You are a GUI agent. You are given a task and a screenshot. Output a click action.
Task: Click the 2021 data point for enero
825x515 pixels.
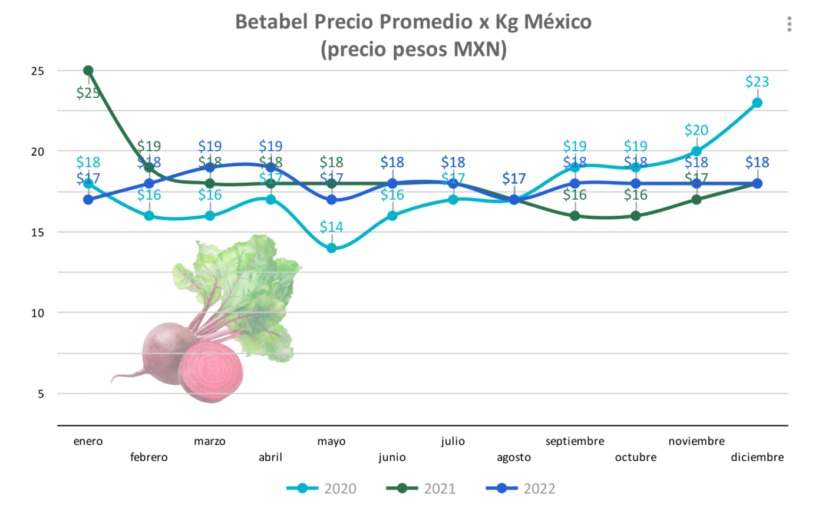tap(88, 71)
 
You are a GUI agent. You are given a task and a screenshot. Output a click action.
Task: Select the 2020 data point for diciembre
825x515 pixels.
tap(757, 103)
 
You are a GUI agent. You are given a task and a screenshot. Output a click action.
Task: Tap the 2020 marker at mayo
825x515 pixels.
tap(332, 248)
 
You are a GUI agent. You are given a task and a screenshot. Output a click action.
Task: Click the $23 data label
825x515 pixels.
tap(757, 82)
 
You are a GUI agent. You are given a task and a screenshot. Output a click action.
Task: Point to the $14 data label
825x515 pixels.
tap(332, 227)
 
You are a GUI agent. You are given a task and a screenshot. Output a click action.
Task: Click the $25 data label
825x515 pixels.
tap(88, 93)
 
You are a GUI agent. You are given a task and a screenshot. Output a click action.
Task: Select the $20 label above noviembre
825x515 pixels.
tap(697, 130)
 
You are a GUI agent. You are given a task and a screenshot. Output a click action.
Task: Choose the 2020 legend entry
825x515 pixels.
tap(322, 488)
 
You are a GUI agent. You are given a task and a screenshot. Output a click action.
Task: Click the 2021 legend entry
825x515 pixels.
tap(421, 488)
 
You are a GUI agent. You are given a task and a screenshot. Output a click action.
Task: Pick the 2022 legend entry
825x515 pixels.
tap(521, 488)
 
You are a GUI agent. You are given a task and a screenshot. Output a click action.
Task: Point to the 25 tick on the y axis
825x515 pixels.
tap(38, 71)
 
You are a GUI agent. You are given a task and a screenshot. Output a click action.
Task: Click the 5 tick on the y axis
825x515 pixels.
tap(41, 394)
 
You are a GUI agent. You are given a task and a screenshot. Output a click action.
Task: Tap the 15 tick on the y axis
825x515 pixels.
tap(38, 232)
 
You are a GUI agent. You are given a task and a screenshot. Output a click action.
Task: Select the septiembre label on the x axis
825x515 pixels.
tap(575, 441)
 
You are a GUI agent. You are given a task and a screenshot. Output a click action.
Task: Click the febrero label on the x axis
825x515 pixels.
tap(149, 457)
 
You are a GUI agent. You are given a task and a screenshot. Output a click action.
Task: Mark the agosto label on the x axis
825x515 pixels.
tap(514, 457)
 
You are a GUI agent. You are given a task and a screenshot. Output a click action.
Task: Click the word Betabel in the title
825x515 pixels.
tap(272, 22)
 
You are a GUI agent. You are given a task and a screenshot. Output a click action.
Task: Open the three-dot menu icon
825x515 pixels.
tap(789, 24)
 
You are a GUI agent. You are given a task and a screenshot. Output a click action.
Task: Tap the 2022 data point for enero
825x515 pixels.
tap(88, 200)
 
